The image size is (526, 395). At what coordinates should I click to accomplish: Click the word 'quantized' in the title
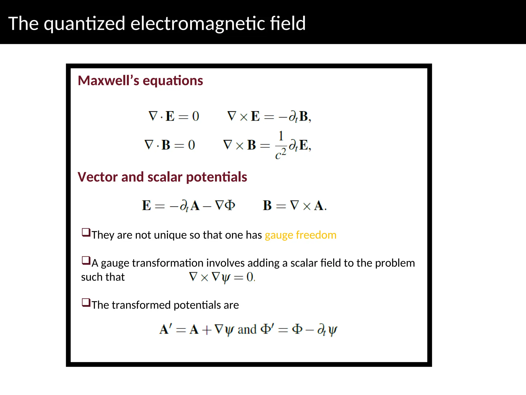click(84, 24)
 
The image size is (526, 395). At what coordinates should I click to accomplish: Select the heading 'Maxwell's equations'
click(140, 80)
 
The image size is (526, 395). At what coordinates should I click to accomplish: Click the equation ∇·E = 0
click(174, 116)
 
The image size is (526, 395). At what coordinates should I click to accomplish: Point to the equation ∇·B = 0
click(170, 145)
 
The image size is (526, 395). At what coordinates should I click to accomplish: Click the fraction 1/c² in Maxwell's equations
click(281, 145)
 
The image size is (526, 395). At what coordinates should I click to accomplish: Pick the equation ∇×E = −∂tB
click(269, 116)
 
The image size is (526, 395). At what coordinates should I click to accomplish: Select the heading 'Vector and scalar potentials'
click(162, 177)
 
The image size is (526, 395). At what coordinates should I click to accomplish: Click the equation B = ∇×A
click(295, 206)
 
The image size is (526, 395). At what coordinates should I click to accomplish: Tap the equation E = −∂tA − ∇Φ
click(188, 206)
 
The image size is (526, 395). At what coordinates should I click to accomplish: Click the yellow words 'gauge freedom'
click(300, 235)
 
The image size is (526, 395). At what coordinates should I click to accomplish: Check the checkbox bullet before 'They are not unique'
click(86, 232)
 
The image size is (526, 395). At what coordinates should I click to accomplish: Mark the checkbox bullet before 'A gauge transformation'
click(86, 261)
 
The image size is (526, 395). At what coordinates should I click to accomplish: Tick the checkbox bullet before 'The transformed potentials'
click(86, 302)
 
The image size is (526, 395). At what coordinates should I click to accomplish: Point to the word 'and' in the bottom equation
click(247, 330)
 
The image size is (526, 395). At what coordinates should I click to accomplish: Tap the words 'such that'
click(103, 277)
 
